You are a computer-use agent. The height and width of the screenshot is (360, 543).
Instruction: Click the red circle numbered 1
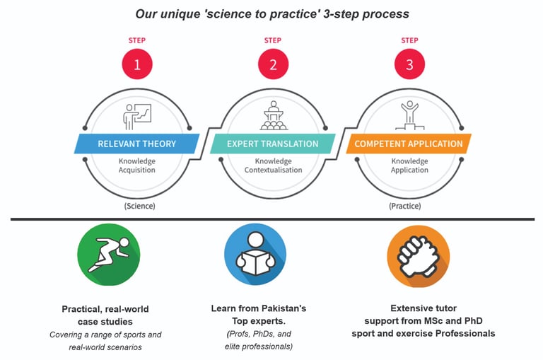[137, 66]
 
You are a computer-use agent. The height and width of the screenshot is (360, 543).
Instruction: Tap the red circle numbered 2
[273, 66]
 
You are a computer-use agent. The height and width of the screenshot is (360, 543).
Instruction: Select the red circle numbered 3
[409, 66]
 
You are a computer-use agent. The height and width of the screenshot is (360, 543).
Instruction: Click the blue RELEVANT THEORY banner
[137, 144]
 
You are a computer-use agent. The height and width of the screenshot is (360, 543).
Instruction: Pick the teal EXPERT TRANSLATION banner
[273, 144]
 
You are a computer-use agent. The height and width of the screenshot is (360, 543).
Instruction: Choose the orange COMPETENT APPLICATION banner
[409, 144]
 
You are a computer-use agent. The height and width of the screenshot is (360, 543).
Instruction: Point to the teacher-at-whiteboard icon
[137, 115]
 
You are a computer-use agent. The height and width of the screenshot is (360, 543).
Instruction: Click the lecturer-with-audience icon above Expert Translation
[273, 115]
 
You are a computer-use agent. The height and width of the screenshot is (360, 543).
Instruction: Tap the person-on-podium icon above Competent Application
[409, 115]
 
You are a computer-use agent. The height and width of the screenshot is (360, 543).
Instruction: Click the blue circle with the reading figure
[255, 255]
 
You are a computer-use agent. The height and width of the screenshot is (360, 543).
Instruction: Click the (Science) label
[139, 206]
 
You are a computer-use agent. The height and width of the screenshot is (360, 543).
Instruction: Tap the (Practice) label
[405, 206]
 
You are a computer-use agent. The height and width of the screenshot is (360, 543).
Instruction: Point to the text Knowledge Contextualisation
[273, 166]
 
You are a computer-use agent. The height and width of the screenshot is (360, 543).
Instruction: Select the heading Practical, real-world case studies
[105, 315]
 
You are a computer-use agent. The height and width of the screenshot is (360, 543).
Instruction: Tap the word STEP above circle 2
[273, 40]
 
